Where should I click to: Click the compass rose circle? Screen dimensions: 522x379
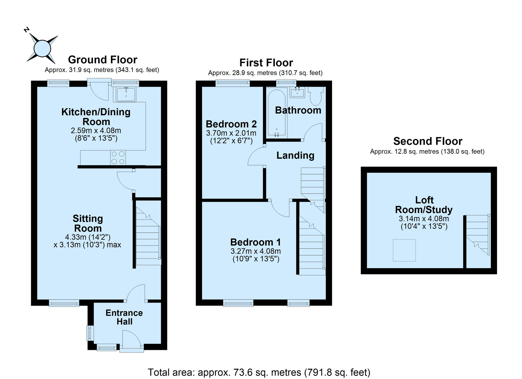[x=42, y=48]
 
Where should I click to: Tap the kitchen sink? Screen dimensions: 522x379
[x=126, y=94]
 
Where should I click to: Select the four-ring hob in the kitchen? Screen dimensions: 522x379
[x=118, y=157]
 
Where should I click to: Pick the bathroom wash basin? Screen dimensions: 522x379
[x=297, y=92]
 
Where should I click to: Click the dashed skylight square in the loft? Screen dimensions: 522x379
[x=404, y=250]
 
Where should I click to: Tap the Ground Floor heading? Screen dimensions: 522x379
[x=103, y=60]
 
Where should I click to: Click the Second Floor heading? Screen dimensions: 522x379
[x=428, y=141]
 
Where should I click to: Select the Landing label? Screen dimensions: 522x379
[x=295, y=155]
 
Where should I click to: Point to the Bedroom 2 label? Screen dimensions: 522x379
[x=231, y=124]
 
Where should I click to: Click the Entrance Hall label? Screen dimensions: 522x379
[x=124, y=317]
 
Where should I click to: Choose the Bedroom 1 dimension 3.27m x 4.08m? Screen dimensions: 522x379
[x=256, y=251]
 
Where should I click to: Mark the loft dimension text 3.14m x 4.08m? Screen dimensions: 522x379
[x=424, y=219]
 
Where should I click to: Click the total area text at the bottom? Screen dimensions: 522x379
[x=259, y=372]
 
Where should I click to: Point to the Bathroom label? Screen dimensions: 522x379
[x=298, y=110]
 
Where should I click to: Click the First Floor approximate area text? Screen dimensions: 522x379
[x=265, y=73]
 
